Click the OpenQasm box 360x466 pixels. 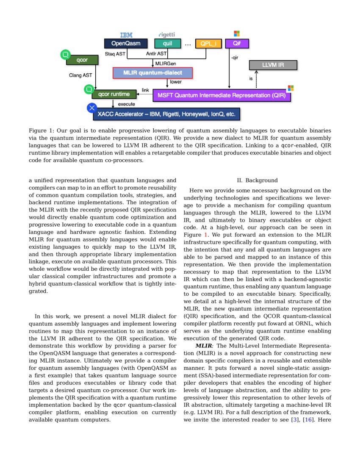[x=126, y=43]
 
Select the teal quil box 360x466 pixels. [x=168, y=43]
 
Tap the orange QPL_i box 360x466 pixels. [x=208, y=43]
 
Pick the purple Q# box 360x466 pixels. [x=237, y=43]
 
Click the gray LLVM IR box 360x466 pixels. [x=273, y=65]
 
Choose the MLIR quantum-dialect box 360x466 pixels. [x=153, y=73]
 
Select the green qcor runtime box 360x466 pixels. [x=114, y=94]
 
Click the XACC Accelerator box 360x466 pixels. [x=167, y=114]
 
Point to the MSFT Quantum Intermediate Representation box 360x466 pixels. [x=222, y=96]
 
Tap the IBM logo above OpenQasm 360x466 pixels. [x=126, y=35]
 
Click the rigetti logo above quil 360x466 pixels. [x=167, y=34]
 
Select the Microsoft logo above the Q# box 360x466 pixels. [x=237, y=33]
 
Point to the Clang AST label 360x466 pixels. [x=80, y=75]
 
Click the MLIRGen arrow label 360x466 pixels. [x=166, y=64]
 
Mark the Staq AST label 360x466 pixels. [x=115, y=54]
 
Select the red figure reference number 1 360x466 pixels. [x=206, y=234]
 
